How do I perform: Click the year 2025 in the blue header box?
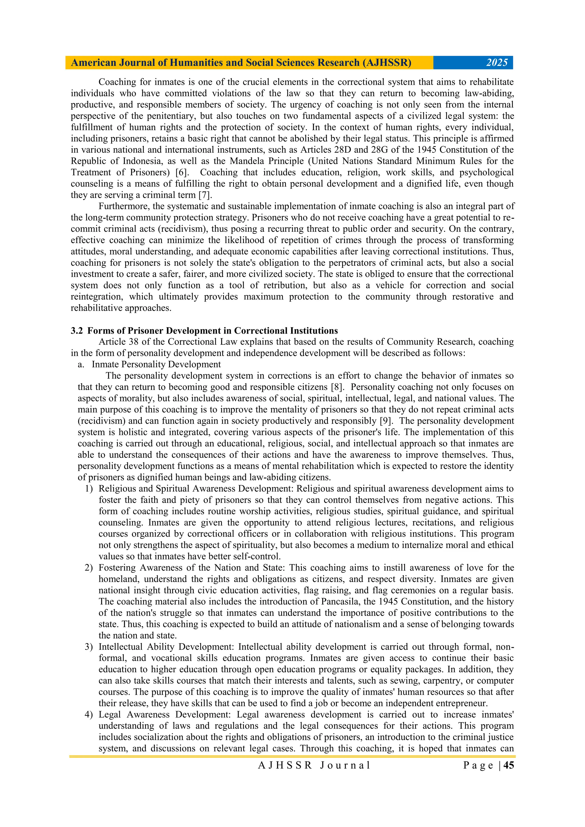(x=496, y=63)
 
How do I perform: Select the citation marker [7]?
(x=205, y=195)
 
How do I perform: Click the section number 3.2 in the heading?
(x=77, y=331)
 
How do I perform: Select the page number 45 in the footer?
(x=508, y=765)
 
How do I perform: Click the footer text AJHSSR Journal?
(x=314, y=765)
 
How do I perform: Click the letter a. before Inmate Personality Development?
(x=81, y=365)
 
